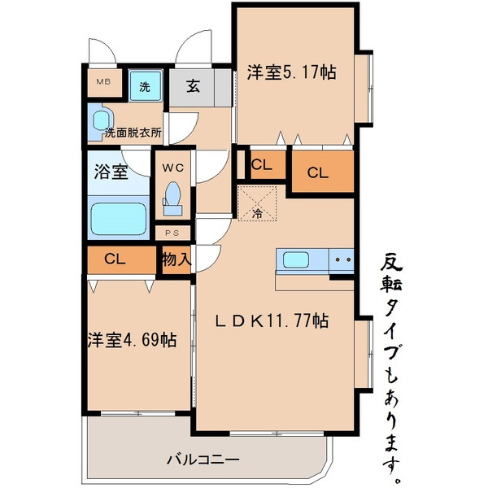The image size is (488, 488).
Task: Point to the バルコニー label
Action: pos(203,460)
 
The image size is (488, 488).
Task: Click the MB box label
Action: pos(104,82)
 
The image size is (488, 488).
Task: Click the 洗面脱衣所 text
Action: pos(133,132)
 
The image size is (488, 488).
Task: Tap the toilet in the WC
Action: pos(172,198)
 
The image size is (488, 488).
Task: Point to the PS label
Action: pos(172,232)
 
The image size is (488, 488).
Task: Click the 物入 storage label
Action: pos(176,260)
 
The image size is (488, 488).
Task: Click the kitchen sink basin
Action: pos(295,261)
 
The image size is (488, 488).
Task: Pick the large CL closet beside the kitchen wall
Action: pos(318,172)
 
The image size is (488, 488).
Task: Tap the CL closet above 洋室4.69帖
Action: pos(115,260)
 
